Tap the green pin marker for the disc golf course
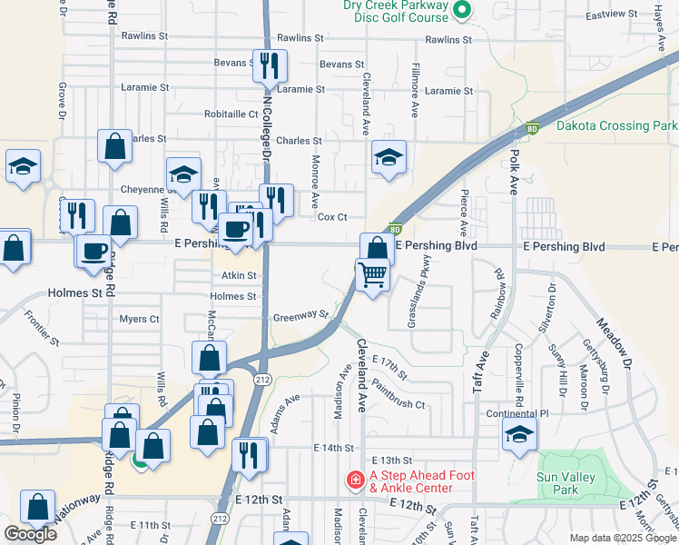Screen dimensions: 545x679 point(460,11)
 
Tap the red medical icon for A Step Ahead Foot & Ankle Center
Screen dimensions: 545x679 point(354,478)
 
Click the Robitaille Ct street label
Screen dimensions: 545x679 point(231,114)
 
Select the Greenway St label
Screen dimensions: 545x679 point(300,316)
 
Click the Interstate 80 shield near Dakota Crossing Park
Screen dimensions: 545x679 point(532,129)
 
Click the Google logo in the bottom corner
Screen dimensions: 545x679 point(30,534)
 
